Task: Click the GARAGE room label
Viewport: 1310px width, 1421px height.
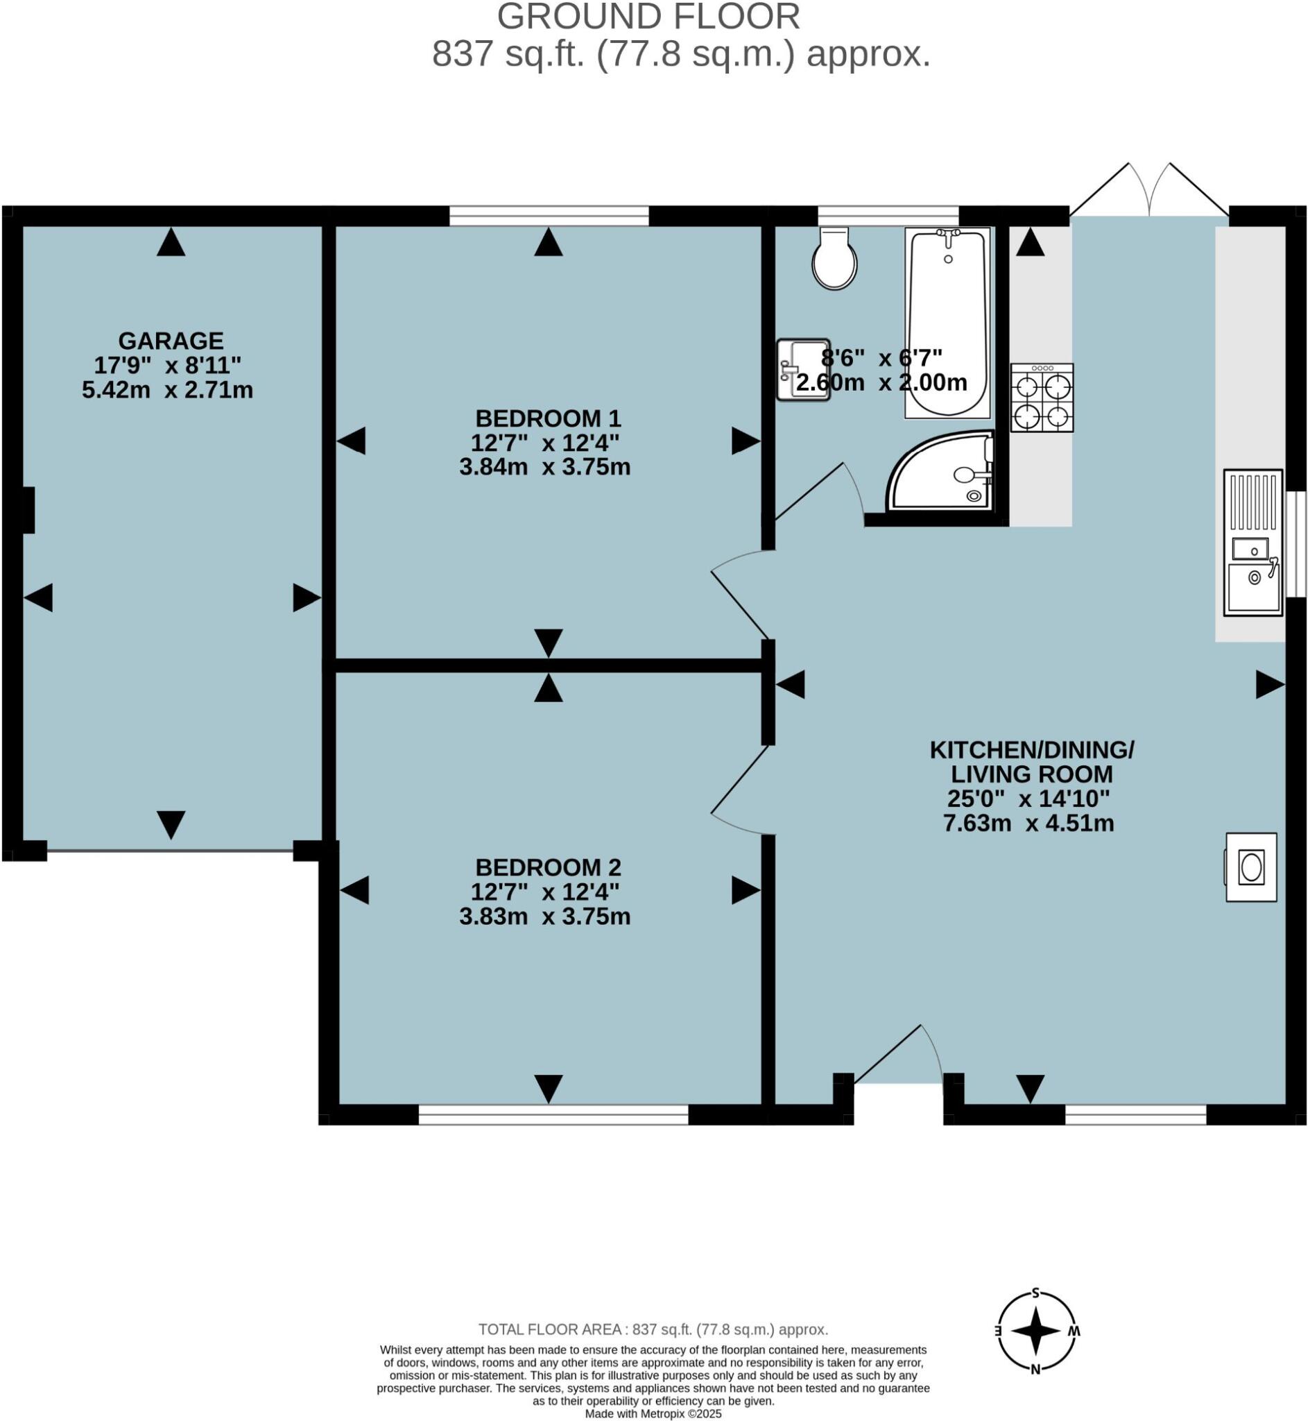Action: pyautogui.click(x=171, y=341)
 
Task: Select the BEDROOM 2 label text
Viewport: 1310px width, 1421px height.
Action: pyautogui.click(x=547, y=867)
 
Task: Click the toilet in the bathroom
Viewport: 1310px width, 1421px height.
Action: pyautogui.click(x=835, y=259)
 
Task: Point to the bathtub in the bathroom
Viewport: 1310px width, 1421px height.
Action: pyautogui.click(x=947, y=323)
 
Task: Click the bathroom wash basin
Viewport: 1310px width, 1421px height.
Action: pyautogui.click(x=801, y=369)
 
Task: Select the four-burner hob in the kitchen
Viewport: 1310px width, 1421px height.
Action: pyautogui.click(x=1042, y=398)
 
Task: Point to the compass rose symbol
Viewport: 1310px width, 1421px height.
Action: pyautogui.click(x=1035, y=1331)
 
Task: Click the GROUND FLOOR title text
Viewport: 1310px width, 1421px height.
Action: pyautogui.click(x=648, y=17)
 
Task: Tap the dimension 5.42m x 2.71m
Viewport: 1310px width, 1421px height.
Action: pyautogui.click(x=167, y=390)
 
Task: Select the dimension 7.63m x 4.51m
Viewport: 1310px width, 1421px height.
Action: pyautogui.click(x=1028, y=823)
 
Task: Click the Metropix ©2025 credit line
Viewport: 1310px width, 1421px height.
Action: pyautogui.click(x=653, y=1414)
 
